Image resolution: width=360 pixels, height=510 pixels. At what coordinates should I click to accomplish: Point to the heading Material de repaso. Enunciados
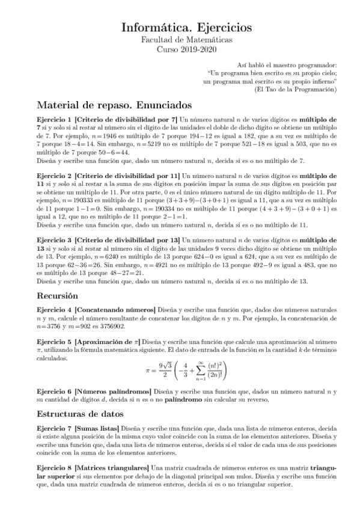[113, 105]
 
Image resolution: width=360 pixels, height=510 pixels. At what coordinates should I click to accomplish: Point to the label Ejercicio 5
[55, 342]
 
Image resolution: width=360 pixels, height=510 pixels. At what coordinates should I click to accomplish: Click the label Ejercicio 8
[55, 467]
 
